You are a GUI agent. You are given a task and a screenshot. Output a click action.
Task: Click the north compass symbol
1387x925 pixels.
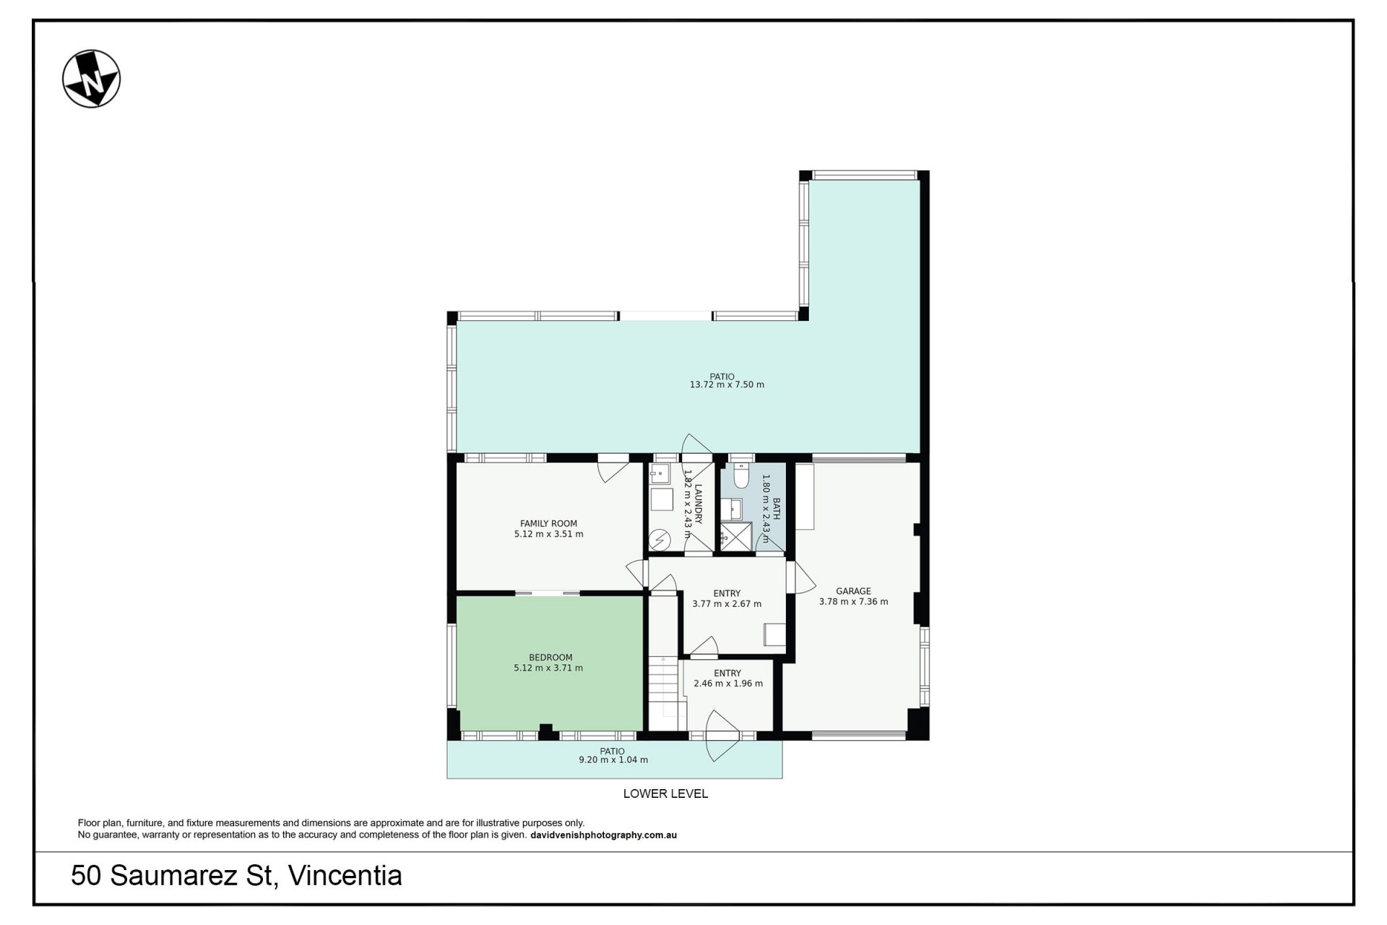[x=91, y=79]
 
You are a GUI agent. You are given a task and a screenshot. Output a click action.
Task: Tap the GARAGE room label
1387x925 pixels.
[x=853, y=591]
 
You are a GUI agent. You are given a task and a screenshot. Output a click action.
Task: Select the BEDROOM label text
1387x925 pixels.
[x=550, y=658]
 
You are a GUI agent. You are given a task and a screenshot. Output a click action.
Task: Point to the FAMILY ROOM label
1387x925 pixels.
[x=548, y=524]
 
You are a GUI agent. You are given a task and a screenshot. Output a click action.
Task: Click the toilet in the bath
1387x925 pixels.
[x=741, y=475]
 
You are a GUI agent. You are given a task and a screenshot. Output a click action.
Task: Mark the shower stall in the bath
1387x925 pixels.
[x=736, y=537]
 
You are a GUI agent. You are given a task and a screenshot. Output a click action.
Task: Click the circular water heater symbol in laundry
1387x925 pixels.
[x=660, y=539]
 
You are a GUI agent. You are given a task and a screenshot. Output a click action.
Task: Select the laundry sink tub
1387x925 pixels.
[x=660, y=475]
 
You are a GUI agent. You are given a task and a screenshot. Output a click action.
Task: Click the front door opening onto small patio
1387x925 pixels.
[x=722, y=736]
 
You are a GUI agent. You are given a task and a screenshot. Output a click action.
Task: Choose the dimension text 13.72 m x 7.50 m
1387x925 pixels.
[x=727, y=385]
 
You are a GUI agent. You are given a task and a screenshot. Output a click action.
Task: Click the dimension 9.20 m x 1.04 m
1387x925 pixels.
[x=613, y=760]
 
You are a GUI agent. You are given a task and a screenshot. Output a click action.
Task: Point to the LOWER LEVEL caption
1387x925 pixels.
[x=665, y=793]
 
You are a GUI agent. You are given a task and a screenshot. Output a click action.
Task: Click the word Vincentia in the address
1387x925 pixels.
[x=345, y=876]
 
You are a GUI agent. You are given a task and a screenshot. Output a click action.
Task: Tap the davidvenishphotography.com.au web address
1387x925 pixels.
[x=603, y=835]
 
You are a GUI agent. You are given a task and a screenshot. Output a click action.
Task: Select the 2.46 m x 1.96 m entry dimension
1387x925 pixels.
[x=728, y=684]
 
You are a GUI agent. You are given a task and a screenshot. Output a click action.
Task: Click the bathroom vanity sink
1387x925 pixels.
[x=732, y=509]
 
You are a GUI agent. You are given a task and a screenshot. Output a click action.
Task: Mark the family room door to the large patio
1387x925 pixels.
[x=613, y=468]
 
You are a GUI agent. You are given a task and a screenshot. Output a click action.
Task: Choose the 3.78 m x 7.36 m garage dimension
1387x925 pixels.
[x=854, y=602]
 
